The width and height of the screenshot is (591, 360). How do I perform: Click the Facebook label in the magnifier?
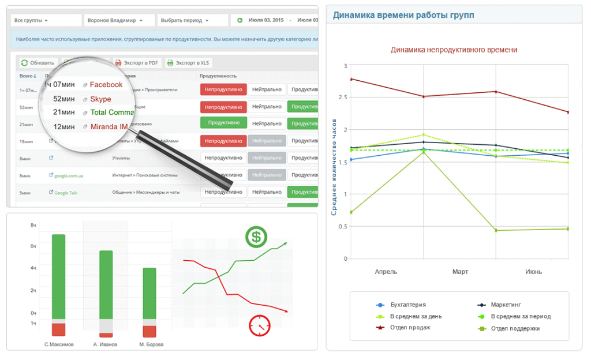(106, 85)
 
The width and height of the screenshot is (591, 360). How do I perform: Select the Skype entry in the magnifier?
(100, 99)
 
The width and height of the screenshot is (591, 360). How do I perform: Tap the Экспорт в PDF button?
(137, 63)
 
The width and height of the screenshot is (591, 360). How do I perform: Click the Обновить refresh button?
(38, 63)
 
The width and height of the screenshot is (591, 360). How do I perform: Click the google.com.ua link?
(69, 176)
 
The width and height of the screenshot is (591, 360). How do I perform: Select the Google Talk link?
(66, 193)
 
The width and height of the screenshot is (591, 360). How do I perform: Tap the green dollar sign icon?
(256, 237)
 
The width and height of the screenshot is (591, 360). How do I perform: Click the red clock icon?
(260, 325)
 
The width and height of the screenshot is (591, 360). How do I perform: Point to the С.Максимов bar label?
(59, 344)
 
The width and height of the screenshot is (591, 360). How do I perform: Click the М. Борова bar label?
(151, 344)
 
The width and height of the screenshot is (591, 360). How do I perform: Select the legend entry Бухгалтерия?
(408, 305)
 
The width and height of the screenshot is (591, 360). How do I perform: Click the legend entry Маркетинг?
(506, 305)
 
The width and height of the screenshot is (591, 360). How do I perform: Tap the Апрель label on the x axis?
(386, 271)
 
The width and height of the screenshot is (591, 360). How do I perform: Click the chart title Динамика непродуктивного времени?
(454, 50)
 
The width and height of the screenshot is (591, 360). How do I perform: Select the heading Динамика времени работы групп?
(403, 15)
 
